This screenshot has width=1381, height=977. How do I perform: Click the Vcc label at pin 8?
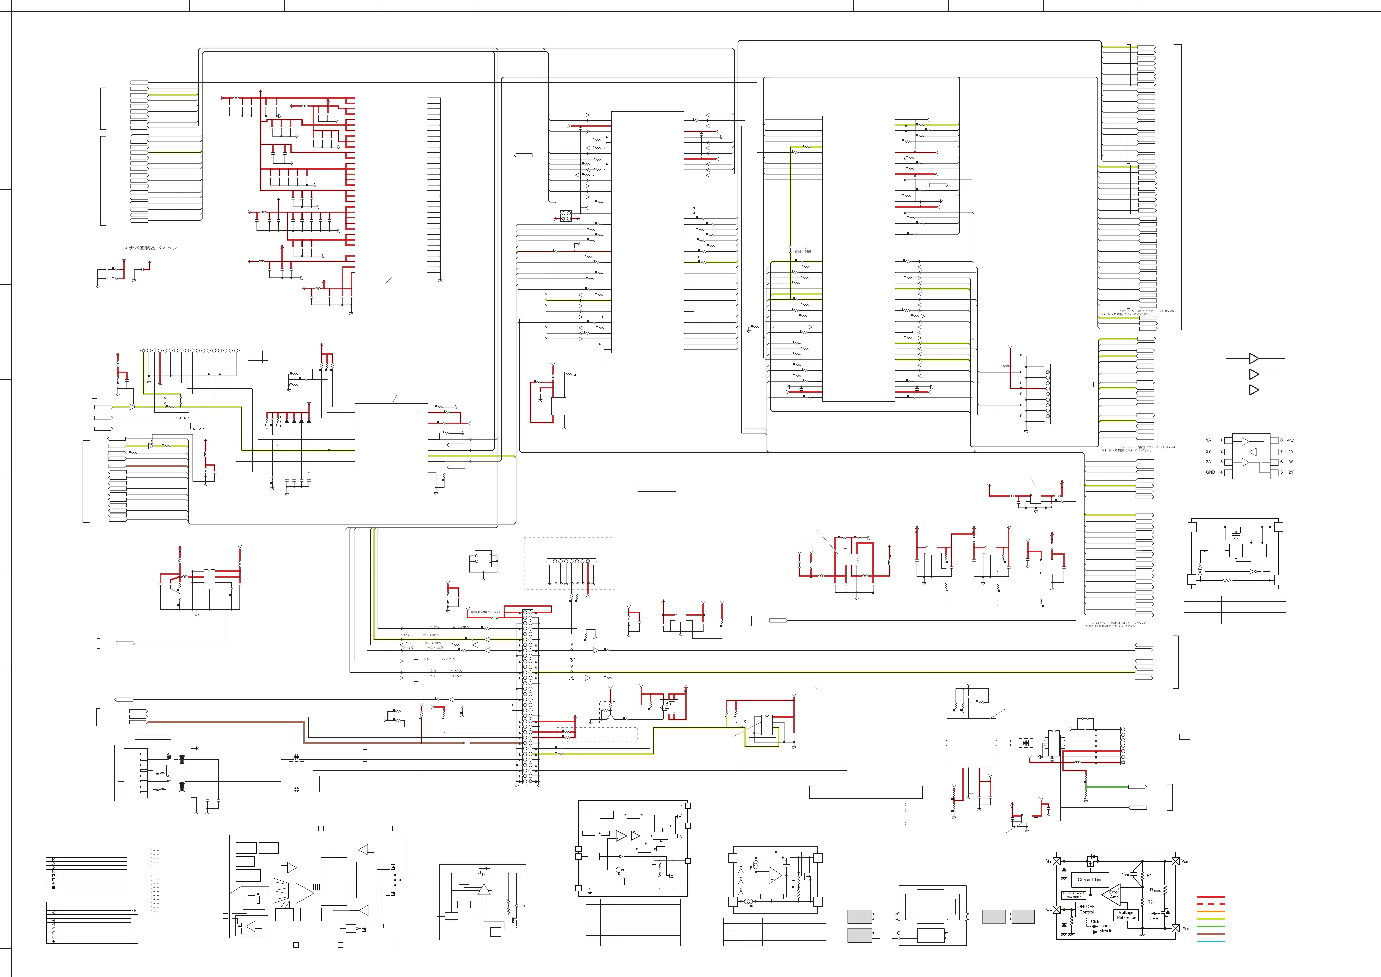tap(1290, 440)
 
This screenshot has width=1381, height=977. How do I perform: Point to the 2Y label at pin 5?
tap(1291, 472)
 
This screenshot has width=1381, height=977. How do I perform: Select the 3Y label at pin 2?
tap(1208, 451)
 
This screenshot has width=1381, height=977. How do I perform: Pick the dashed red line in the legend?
tap(1211, 904)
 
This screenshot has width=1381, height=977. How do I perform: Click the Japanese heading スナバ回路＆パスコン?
tap(151, 248)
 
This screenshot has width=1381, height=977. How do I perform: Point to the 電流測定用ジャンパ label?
tap(485, 612)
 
